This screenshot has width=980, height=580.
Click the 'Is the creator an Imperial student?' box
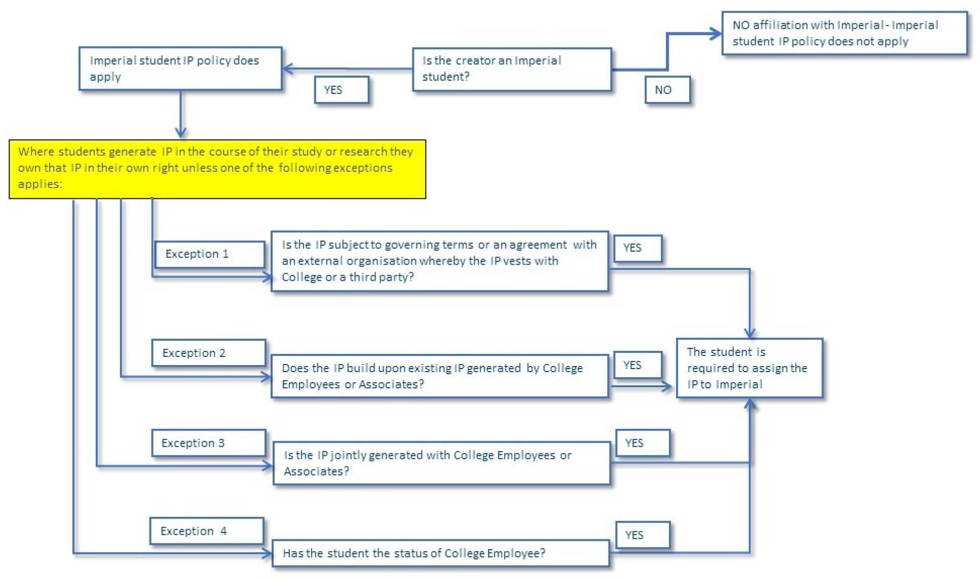512,69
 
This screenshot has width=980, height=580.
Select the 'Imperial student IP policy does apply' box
180,68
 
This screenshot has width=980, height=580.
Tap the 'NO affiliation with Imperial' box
844,33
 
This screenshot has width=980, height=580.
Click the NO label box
667,90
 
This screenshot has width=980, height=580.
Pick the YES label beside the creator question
342,90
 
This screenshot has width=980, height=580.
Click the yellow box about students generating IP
217,169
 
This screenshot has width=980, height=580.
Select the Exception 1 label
209,254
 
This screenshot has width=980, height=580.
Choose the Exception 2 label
208,353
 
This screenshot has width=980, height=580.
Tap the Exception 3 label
208,443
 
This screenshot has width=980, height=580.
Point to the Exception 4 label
206,531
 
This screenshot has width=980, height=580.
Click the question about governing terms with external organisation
439,261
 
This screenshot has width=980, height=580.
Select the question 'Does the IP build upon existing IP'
439,376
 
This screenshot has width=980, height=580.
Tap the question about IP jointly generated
441,463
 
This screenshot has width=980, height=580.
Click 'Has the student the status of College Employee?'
440,553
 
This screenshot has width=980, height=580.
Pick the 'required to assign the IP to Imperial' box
749,368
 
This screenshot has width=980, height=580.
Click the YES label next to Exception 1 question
637,248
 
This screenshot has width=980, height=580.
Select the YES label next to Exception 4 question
643,535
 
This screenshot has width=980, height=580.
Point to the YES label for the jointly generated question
643,443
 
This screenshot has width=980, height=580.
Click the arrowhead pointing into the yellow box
180,133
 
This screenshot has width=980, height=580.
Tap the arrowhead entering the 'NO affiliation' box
716,34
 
